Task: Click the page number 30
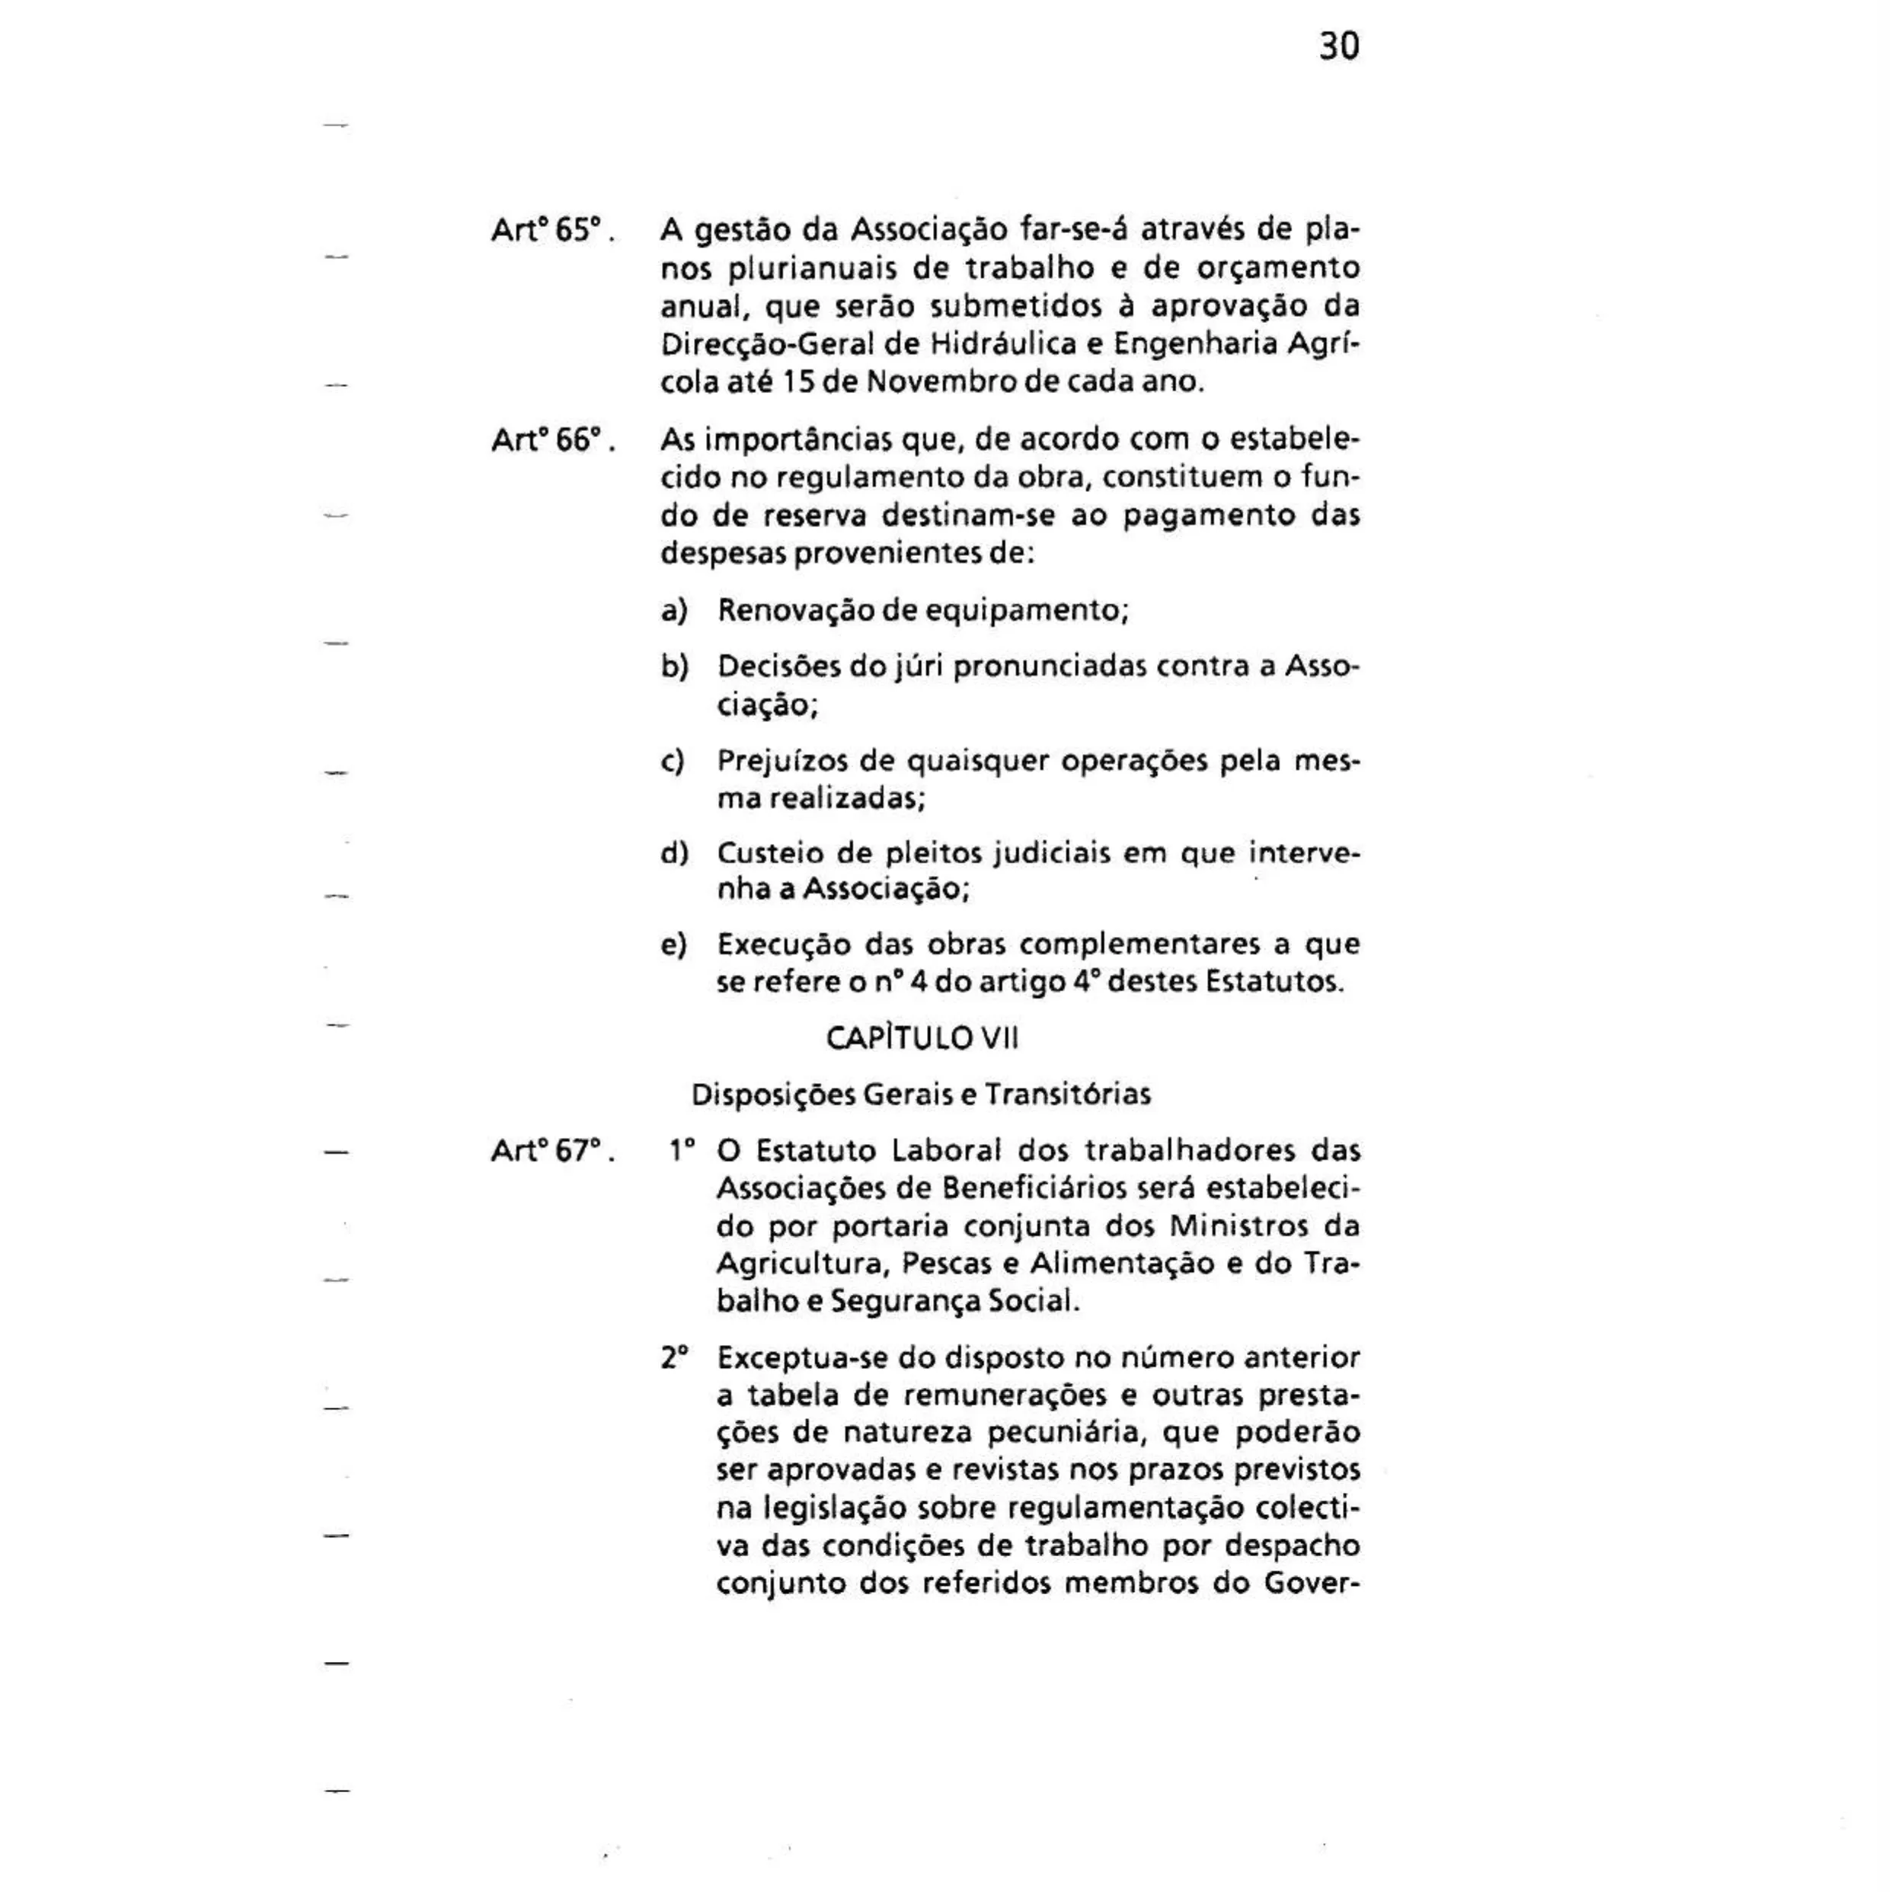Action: (1339, 46)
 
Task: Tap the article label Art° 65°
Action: (551, 231)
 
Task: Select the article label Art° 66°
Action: (551, 441)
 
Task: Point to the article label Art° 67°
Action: (551, 1151)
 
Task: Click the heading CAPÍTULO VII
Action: (922, 1038)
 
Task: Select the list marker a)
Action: (674, 611)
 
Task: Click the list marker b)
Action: (674, 668)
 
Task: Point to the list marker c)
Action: (674, 761)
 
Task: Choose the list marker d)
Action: (674, 854)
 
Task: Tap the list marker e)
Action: (674, 945)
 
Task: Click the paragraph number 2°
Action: (674, 1358)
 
